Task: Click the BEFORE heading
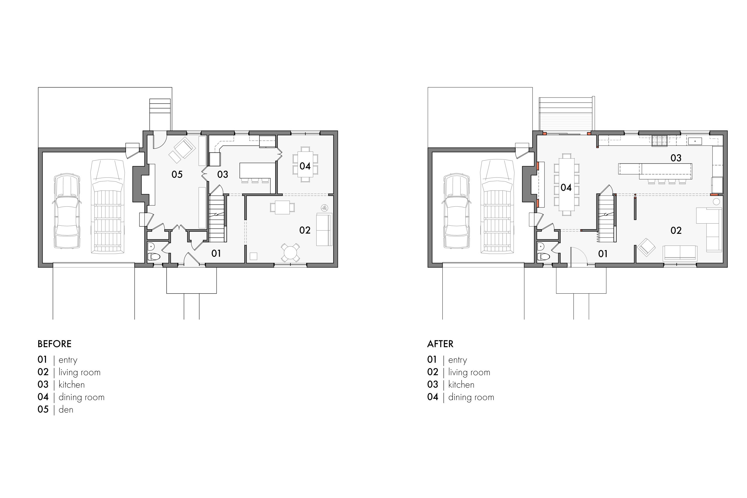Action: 54,344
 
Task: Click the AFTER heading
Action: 440,344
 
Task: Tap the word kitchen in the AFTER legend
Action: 461,385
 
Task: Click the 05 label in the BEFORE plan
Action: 177,174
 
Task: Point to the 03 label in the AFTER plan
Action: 676,158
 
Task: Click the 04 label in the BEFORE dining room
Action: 305,166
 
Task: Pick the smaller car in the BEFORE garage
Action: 66,211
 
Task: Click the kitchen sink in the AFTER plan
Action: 694,141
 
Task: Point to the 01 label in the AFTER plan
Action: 603,254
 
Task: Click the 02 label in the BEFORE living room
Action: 305,230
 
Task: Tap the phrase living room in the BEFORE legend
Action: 79,372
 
